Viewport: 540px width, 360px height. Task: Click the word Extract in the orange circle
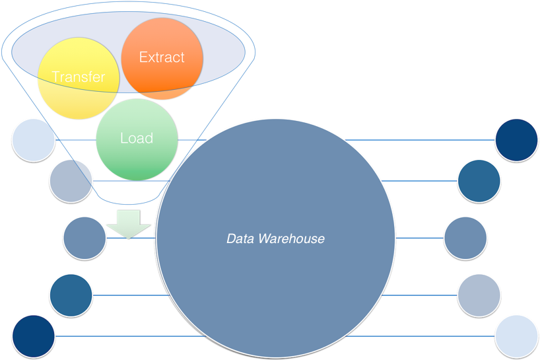click(162, 57)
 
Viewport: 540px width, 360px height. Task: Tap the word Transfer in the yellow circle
click(79, 77)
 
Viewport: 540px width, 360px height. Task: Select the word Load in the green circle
click(137, 138)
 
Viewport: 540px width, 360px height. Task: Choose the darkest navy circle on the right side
click(516, 139)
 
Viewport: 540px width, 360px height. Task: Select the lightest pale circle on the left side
click(33, 140)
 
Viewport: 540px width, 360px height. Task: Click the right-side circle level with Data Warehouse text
click(465, 238)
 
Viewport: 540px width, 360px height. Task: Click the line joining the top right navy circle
click(422, 140)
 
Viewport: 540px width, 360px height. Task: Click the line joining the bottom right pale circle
click(422, 336)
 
